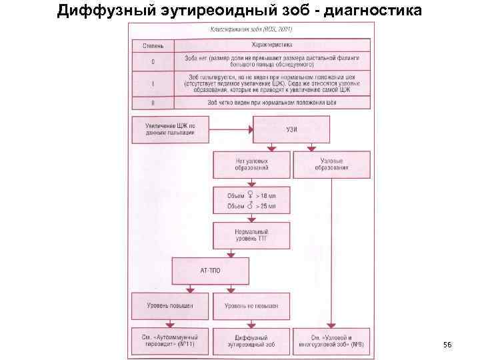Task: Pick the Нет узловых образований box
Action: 251,164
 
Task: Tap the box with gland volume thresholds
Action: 251,201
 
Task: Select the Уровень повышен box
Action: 170,305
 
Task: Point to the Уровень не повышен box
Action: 251,305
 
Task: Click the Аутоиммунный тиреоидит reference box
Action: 170,341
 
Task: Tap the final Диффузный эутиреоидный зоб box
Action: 251,341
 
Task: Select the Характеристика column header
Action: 271,45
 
